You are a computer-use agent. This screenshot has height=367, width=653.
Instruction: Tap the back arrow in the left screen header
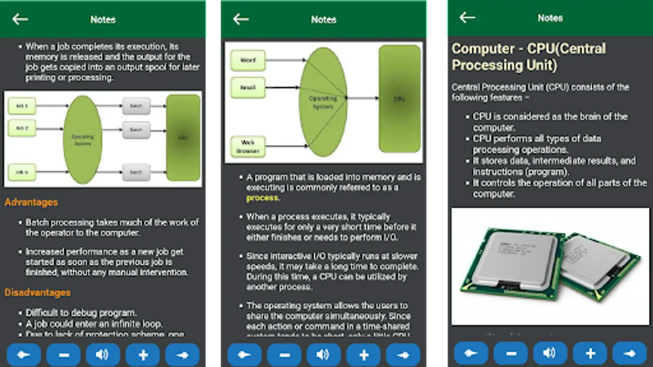pos(20,19)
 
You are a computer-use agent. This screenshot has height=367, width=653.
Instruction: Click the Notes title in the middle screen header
pos(323,20)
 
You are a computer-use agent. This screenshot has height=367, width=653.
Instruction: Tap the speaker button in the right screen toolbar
pos(550,353)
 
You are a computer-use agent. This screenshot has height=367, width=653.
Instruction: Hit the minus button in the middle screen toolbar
pos(284,355)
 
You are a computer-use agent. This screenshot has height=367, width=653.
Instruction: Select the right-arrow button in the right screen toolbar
pos(630,353)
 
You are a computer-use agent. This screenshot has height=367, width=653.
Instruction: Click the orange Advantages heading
pos(31,202)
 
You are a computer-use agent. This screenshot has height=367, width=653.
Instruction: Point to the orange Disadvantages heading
pos(38,292)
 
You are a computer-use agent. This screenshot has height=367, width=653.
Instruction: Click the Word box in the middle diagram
pos(248,60)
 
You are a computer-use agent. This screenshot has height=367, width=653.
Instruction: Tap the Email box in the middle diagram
pos(248,88)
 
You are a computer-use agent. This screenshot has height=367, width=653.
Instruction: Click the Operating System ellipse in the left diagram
pos(83,140)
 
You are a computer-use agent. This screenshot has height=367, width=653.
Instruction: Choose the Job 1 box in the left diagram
pos(22,106)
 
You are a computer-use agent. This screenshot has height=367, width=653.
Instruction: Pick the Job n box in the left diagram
pos(22,172)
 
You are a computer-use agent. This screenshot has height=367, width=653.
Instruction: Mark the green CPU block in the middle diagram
pos(399,99)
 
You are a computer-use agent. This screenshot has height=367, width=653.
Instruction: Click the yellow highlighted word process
pos(262,198)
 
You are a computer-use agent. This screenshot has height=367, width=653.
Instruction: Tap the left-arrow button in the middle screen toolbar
pos(244,355)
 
